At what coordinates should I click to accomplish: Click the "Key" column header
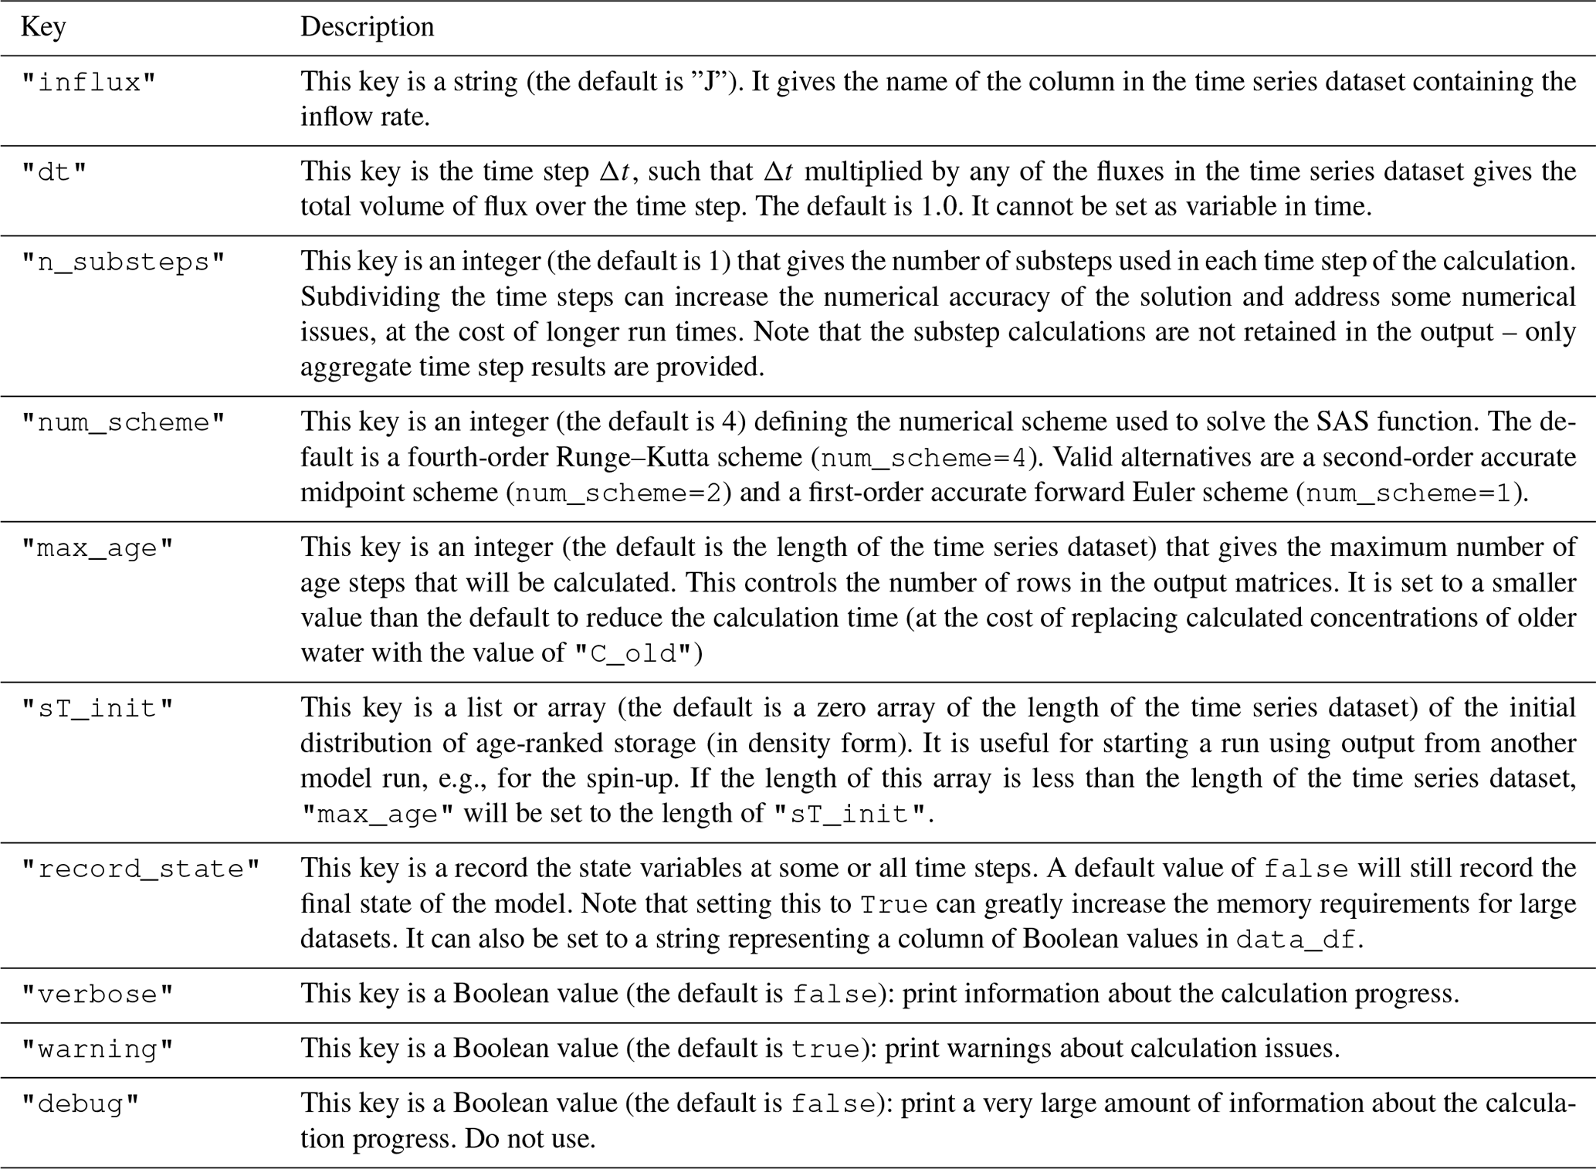click(x=43, y=27)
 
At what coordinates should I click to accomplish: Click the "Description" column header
click(x=367, y=27)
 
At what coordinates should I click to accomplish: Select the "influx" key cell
click(x=89, y=83)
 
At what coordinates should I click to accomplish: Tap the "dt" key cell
click(x=54, y=172)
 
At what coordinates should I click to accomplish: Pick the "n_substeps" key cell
click(x=124, y=263)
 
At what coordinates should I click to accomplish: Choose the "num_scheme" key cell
click(x=124, y=423)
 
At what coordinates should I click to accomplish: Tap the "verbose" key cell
click(x=98, y=994)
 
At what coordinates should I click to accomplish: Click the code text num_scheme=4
click(x=923, y=459)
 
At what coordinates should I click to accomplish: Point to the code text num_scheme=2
click(x=622, y=493)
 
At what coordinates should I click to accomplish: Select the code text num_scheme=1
click(x=1412, y=493)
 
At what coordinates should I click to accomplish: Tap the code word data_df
click(x=1295, y=940)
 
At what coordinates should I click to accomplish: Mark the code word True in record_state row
click(x=893, y=905)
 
